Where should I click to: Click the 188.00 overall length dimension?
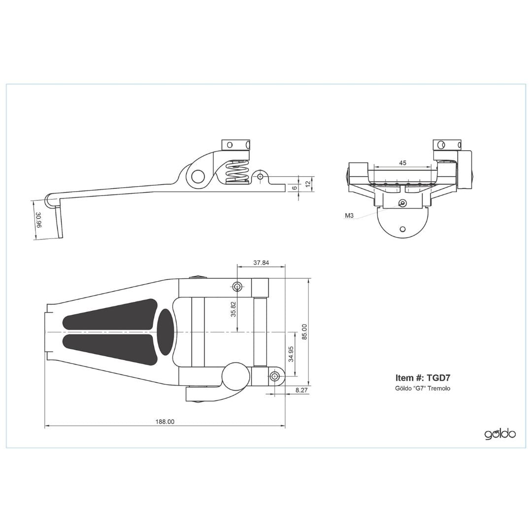(x=165, y=422)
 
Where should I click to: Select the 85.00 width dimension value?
(x=304, y=332)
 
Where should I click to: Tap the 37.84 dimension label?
(x=261, y=263)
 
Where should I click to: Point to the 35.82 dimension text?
(x=233, y=309)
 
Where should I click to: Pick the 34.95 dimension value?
(x=291, y=354)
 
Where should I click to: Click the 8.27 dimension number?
(x=301, y=390)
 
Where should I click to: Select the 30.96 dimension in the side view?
(x=38, y=220)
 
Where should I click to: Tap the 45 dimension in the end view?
(x=402, y=163)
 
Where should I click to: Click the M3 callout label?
(x=349, y=215)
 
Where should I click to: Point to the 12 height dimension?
(x=308, y=184)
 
